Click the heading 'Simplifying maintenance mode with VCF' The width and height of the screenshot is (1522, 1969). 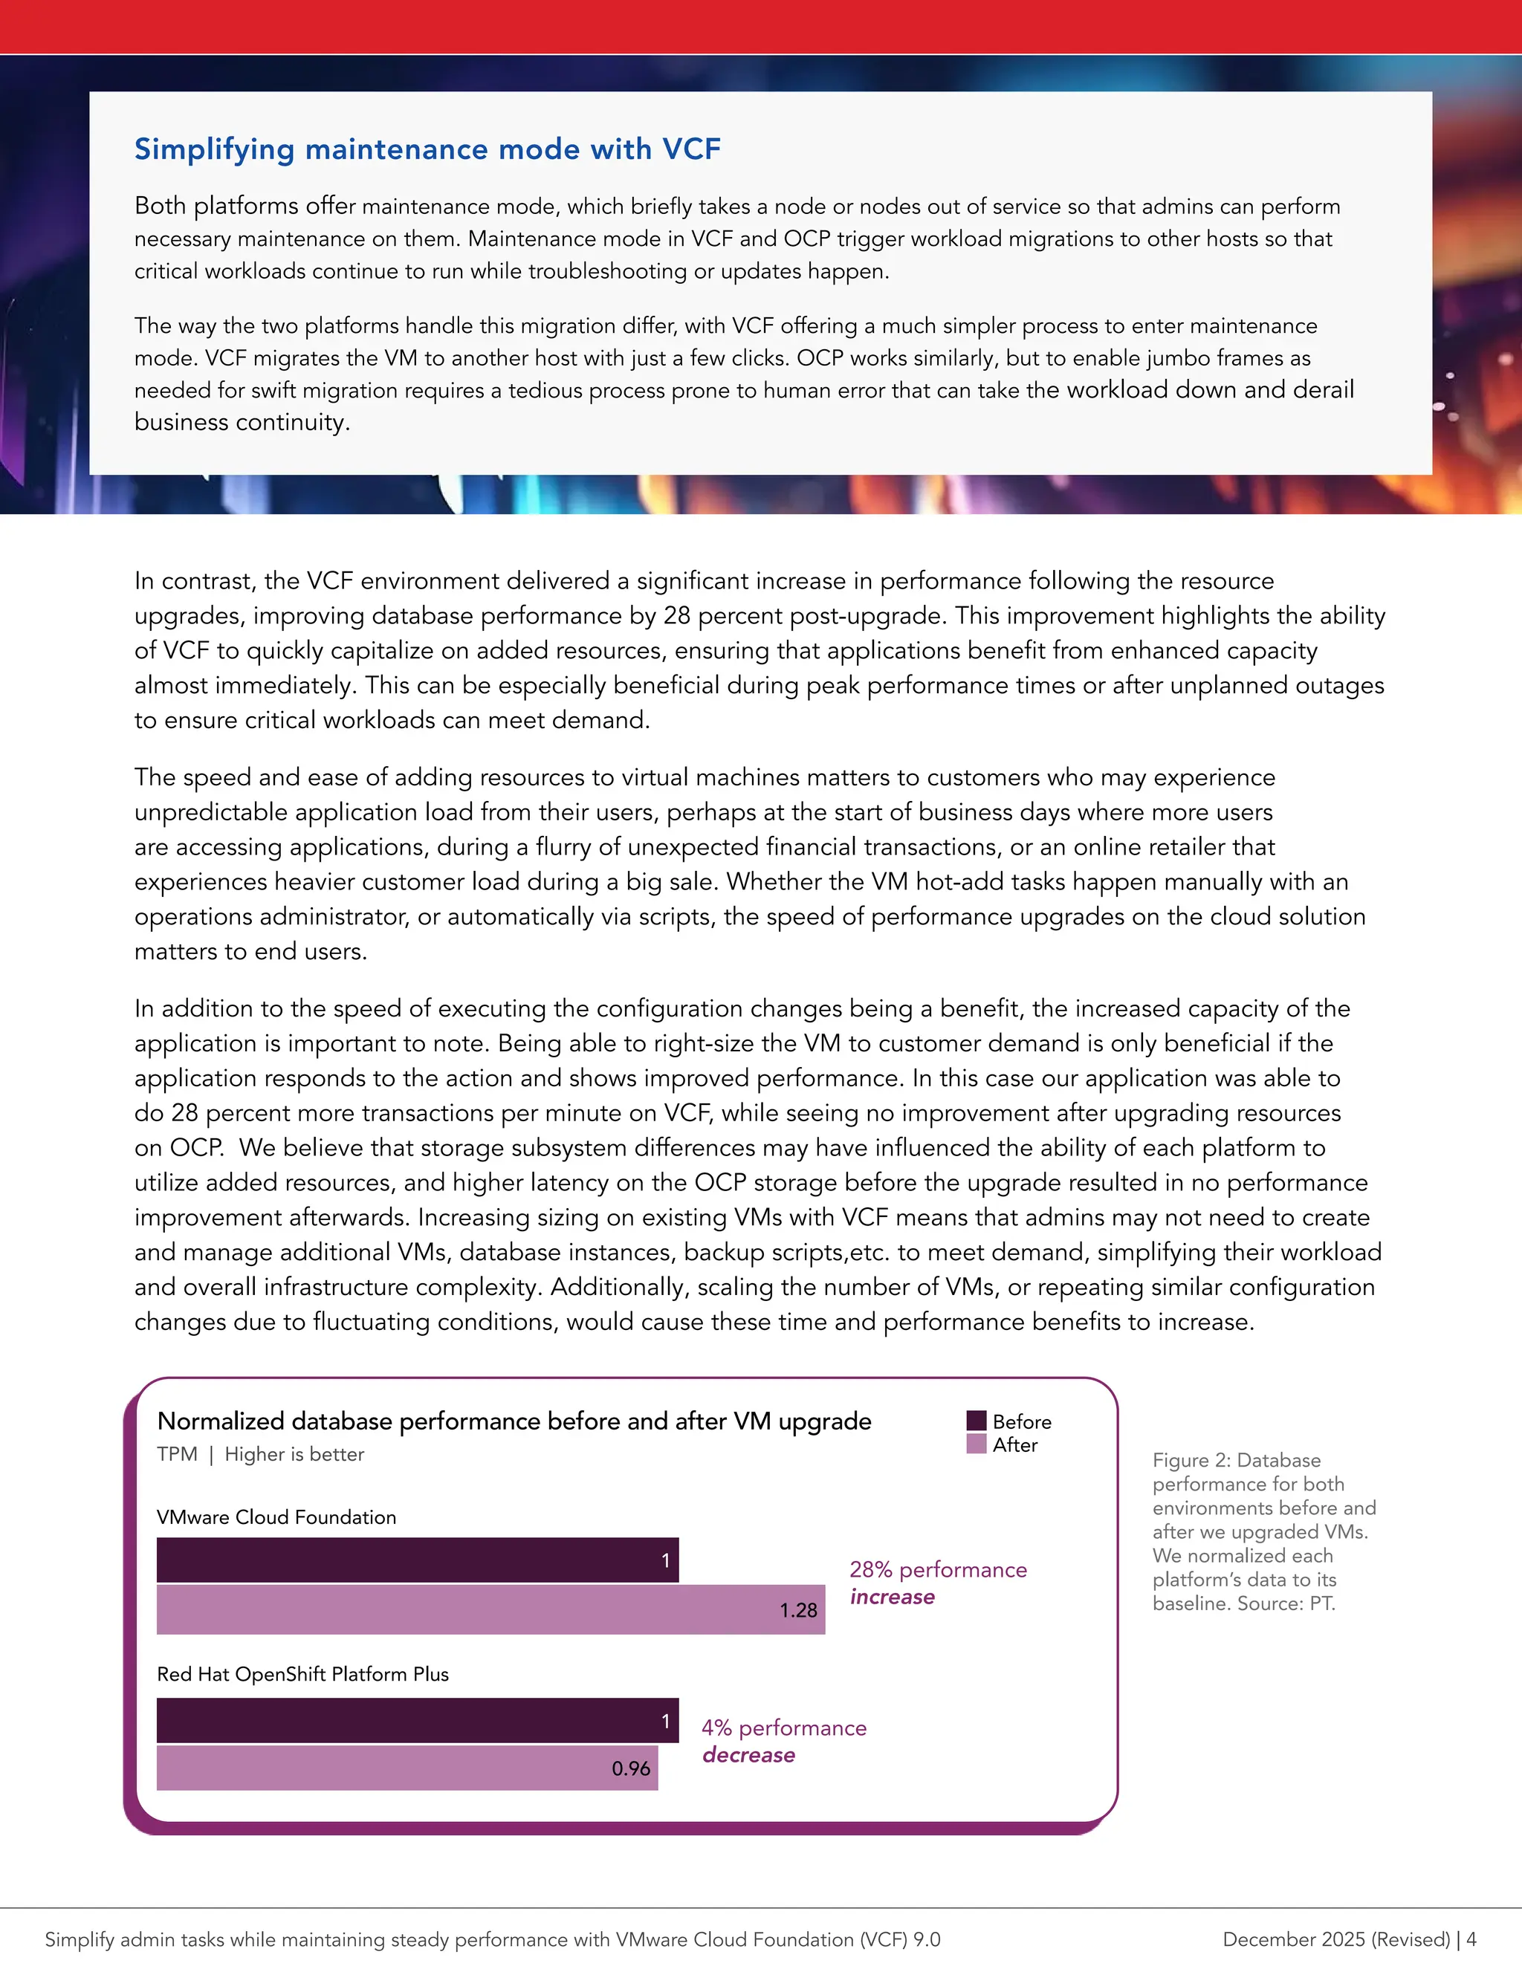427,149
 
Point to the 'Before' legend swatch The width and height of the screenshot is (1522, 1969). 977,1421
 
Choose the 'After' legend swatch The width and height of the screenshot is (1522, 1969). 977,1444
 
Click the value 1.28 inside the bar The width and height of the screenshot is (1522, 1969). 798,1610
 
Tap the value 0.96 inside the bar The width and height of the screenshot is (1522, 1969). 630,1768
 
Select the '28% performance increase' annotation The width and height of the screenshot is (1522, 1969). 937,1583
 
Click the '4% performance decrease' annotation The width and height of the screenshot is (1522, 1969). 783,1741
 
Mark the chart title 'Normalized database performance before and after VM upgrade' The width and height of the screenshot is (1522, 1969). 514,1421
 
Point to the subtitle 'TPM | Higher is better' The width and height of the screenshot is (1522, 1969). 261,1454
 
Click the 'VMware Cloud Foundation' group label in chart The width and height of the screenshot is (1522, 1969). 276,1517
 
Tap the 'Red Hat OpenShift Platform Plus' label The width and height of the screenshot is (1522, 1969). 302,1674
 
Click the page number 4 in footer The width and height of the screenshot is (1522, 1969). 1471,1939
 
